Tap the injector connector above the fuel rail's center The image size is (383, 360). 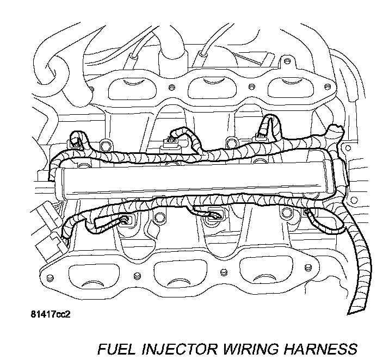pos(172,143)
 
